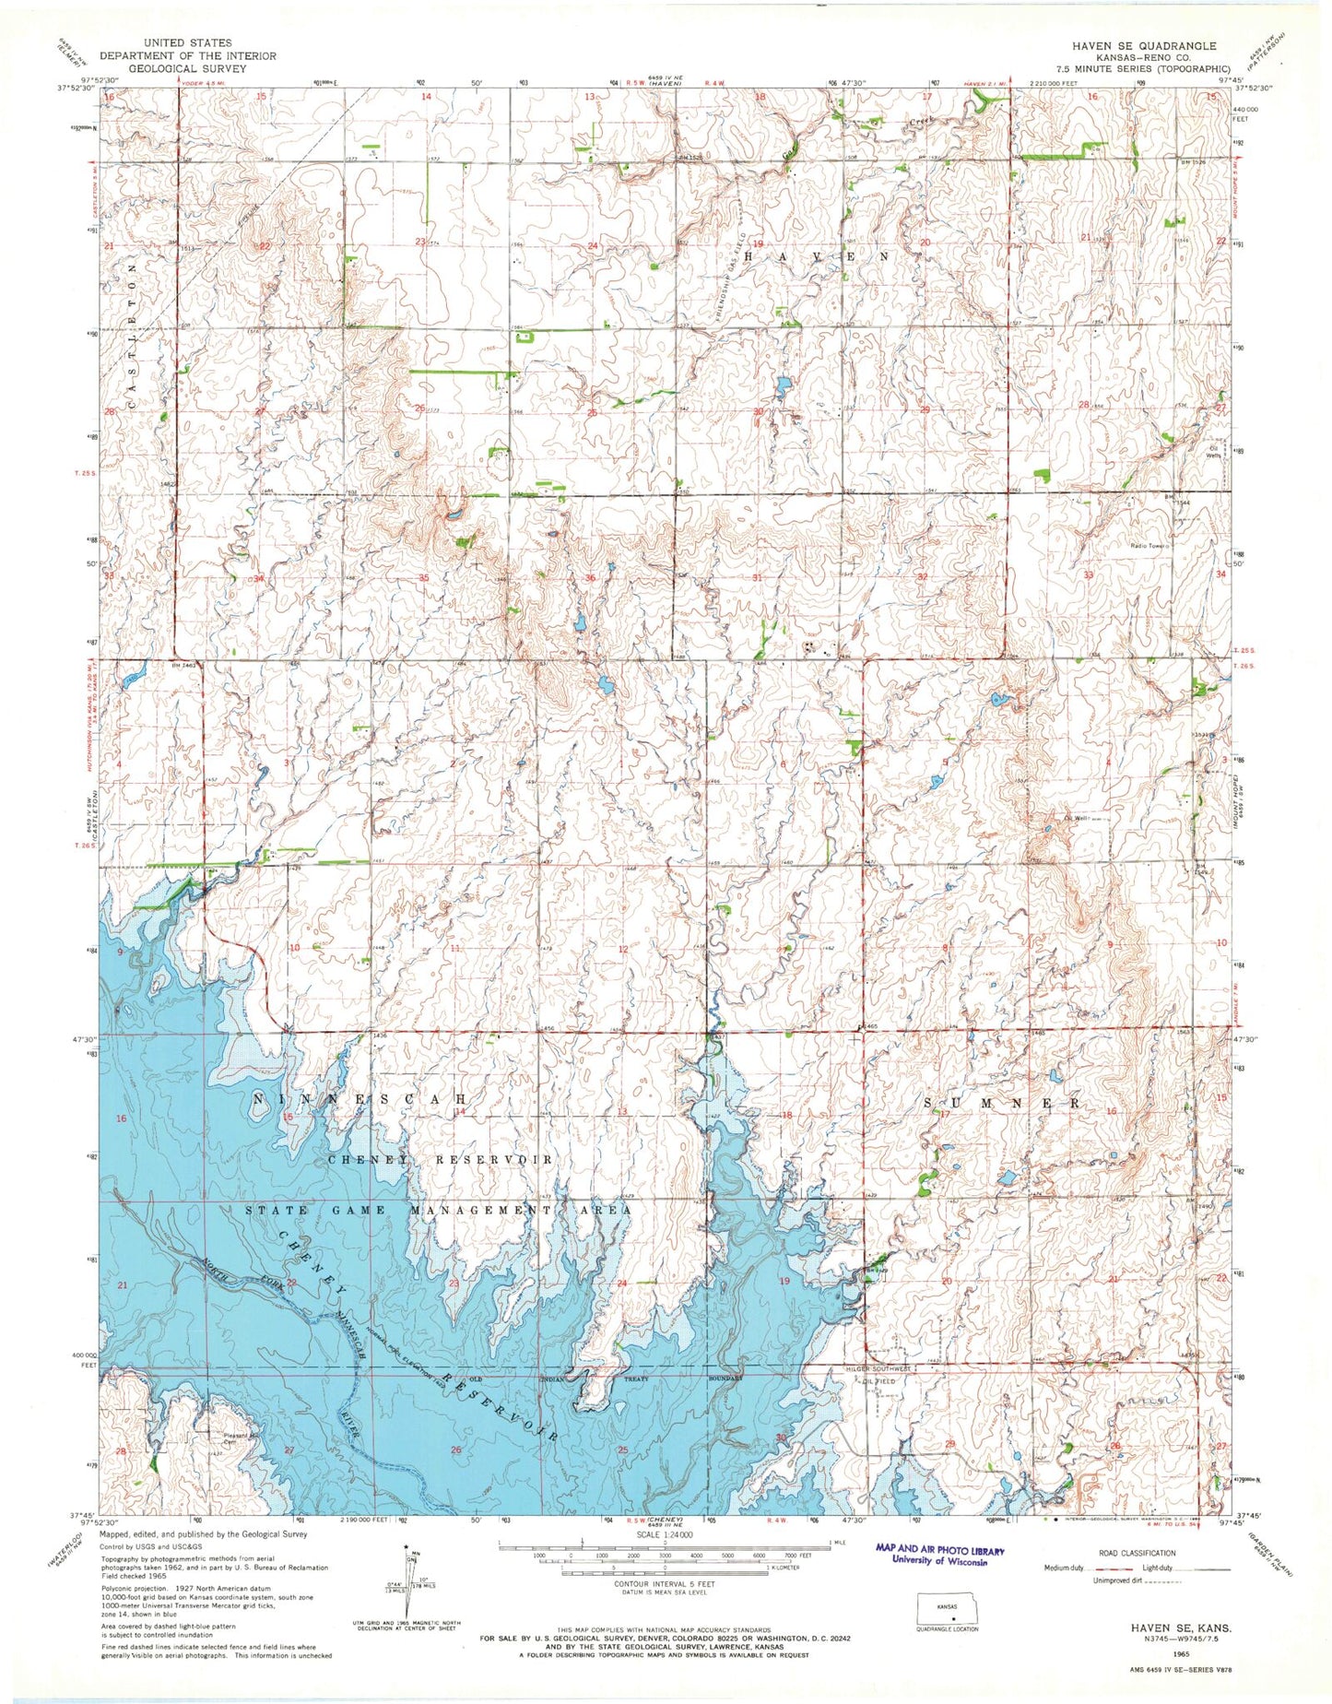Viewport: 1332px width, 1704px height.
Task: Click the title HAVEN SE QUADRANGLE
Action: click(1143, 45)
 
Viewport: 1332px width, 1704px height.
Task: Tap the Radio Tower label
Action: click(1149, 546)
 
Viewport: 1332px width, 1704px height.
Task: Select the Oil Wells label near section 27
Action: click(1216, 452)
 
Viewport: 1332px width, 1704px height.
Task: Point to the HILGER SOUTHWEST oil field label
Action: click(878, 1369)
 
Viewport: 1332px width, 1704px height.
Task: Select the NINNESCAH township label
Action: click(362, 1100)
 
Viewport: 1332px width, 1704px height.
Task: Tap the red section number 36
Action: click(590, 578)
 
